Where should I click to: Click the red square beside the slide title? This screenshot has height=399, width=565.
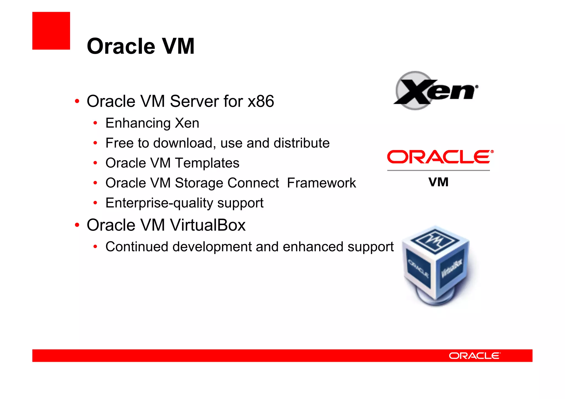(x=51, y=31)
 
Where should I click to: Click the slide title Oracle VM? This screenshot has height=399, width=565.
(x=141, y=46)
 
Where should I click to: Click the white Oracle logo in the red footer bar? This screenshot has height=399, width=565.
(x=475, y=356)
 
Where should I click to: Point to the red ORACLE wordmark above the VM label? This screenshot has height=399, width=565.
(x=440, y=157)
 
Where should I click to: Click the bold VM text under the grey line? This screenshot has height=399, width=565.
(x=438, y=182)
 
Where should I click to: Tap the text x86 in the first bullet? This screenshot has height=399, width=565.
(x=261, y=101)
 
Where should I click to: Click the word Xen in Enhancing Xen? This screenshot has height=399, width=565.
(x=187, y=123)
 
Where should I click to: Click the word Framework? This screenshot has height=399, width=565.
(x=321, y=183)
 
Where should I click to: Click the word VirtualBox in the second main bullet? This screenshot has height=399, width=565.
(x=207, y=225)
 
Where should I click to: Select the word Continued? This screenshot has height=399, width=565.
(x=137, y=247)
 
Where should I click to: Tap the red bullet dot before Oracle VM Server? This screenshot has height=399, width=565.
(x=77, y=101)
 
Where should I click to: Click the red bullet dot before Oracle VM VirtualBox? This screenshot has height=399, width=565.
(x=77, y=225)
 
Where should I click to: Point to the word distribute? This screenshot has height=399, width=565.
(x=302, y=143)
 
